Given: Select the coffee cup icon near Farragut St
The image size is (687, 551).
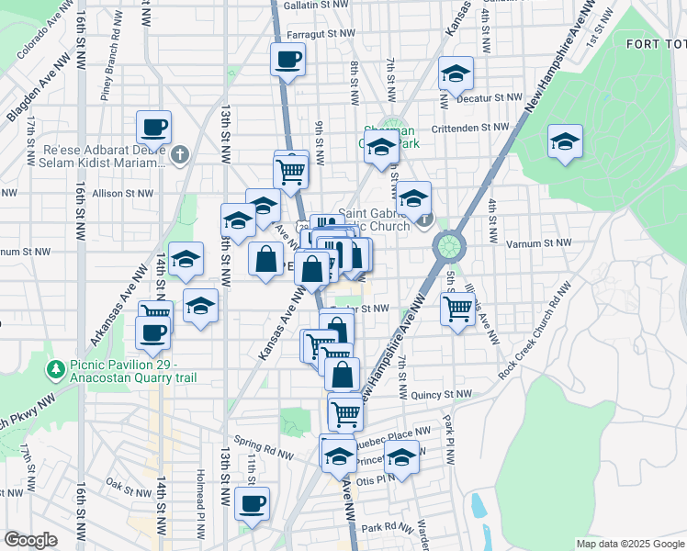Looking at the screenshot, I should pos(289,61).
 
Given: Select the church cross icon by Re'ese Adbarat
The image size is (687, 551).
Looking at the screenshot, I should pos(180,153).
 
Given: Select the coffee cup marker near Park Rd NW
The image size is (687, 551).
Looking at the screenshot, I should pos(252,503).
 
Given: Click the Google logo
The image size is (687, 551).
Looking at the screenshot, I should pos(30,540).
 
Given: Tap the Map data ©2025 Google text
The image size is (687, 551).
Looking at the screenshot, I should pos(629,544).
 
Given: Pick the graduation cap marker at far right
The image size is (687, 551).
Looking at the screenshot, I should pos(565,141).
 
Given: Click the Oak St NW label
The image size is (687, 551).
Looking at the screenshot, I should pos(127,481).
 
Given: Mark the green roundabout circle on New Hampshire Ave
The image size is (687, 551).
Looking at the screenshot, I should pos(448,245).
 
